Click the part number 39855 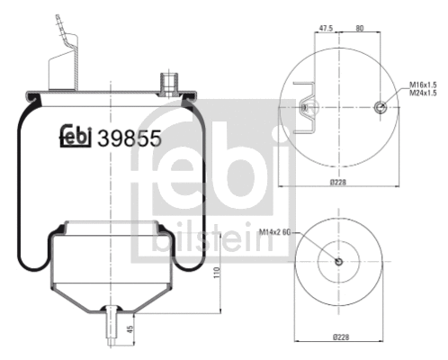pos(129,139)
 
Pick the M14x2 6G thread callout pos(274,232)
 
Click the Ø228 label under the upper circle pos(339,183)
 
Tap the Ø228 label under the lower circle pos(339,338)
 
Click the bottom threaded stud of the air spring pos(110,322)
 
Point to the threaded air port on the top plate pos(166,82)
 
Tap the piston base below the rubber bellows pos(110,270)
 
